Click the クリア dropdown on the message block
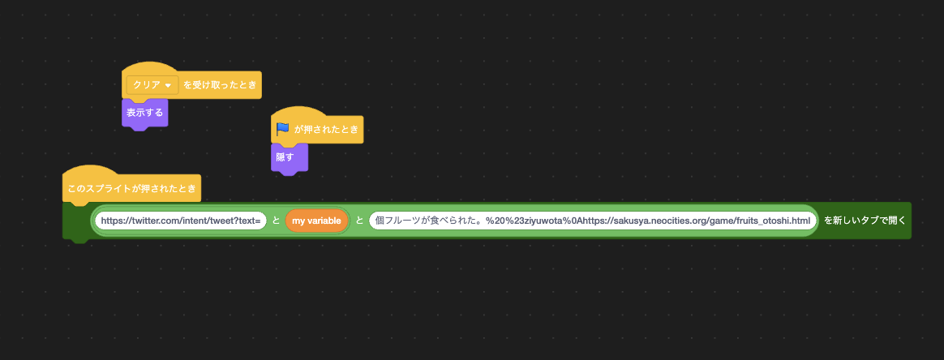point(152,85)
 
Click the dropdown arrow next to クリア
point(168,86)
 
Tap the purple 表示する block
point(144,114)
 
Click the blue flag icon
point(283,129)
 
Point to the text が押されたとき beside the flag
point(326,130)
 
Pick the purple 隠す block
point(290,158)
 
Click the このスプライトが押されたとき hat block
point(132,189)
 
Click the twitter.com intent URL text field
point(181,221)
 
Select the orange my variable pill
point(317,221)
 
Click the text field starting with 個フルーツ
point(593,221)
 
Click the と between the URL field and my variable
point(276,221)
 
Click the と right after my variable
point(359,221)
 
